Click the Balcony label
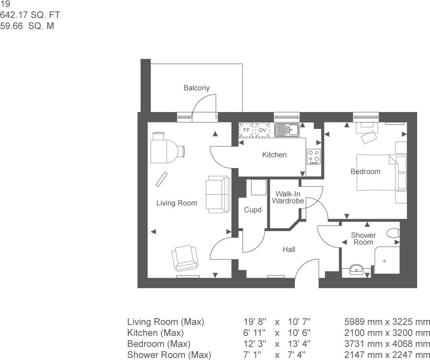coord(196,88)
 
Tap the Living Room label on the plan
coord(176,203)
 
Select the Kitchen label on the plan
coord(274,155)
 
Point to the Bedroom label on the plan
coord(365,171)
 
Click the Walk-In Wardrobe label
coord(288,197)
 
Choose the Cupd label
coord(252,210)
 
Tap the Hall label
coord(289,249)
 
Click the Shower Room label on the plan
coord(363,238)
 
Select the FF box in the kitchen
coord(247,130)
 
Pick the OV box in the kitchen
coord(262,130)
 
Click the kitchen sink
coord(287,130)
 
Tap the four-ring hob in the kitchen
coord(314,157)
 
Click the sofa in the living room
coord(217,194)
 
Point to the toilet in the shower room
coord(394,233)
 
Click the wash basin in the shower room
coord(357,269)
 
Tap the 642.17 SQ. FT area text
coord(30,15)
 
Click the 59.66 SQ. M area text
coord(27,26)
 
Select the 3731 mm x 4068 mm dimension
coord(387,343)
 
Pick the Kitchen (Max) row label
coord(155,332)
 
